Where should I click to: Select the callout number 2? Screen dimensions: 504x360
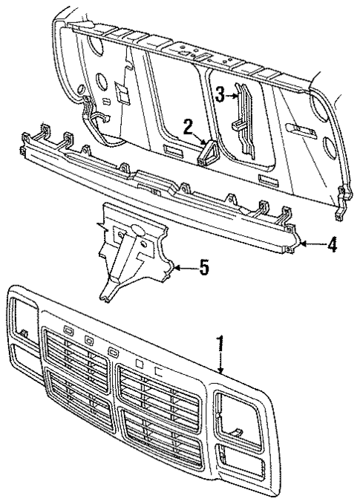189,125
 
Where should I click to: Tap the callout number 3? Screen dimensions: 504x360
220,94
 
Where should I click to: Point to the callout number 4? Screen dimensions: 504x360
332,244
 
